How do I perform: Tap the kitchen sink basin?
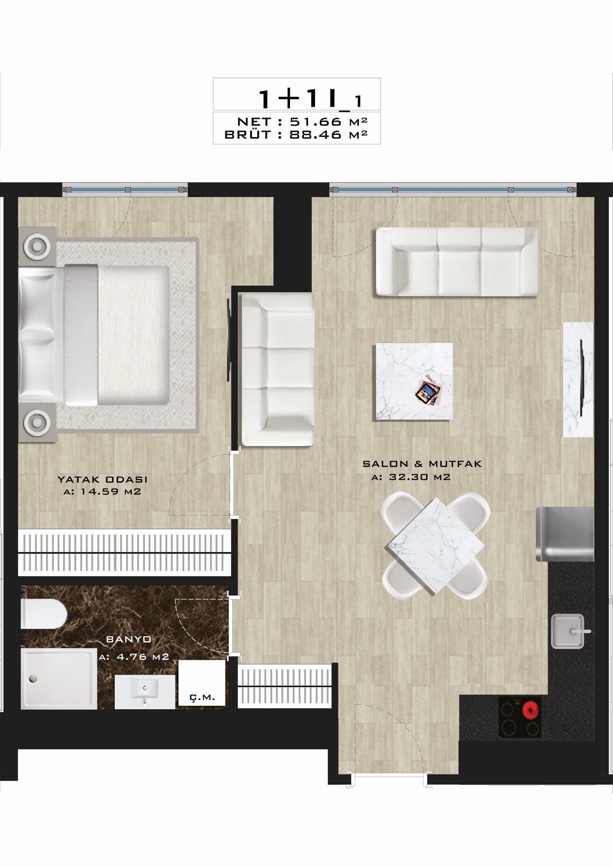pos(567,632)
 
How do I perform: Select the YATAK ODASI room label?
pos(103,479)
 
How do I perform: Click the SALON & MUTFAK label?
pos(422,464)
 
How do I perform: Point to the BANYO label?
pos(129,639)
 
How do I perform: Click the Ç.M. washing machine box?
pos(202,683)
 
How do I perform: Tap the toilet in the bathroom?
pos(43,614)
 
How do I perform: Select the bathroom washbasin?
pos(145,692)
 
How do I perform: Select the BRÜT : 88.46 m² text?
pos(296,134)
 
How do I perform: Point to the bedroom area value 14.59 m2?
pos(102,492)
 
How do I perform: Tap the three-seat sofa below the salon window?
pos(458,262)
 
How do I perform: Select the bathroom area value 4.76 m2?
pos(134,657)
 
